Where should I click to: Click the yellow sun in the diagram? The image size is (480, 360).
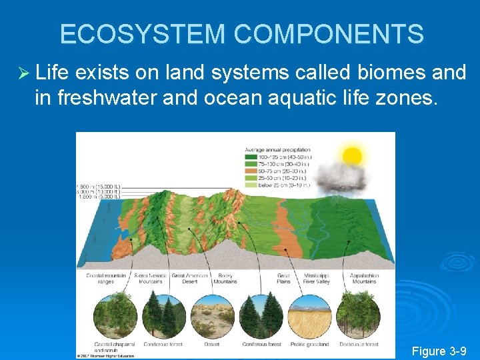[x=351, y=157]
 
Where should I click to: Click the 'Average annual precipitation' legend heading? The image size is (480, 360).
[x=277, y=149]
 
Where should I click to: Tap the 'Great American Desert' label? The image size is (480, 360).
[x=187, y=279]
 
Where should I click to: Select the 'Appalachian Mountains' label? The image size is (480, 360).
[x=363, y=279]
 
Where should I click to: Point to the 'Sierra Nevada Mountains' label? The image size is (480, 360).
[x=151, y=279]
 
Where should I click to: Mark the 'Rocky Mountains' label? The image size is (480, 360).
[x=225, y=279]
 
